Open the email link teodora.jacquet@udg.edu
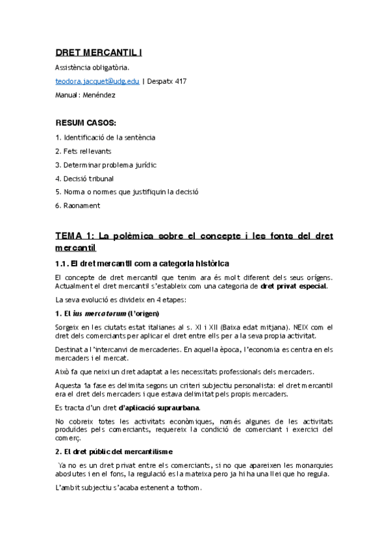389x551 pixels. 97,81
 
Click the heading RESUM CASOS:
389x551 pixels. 86,123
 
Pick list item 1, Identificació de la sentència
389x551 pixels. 105,137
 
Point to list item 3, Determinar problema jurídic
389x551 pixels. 105,164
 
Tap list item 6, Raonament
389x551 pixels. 78,205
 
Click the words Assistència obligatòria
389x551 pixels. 92,67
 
